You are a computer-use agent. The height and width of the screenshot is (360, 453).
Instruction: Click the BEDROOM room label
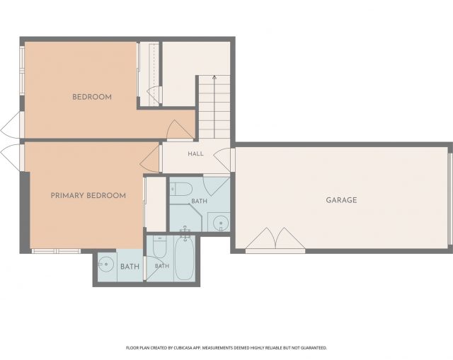[92, 97]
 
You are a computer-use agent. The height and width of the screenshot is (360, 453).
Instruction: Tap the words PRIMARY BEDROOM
[88, 196]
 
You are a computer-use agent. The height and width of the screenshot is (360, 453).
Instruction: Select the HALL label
[195, 153]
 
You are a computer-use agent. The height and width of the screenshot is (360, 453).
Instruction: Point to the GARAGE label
[341, 200]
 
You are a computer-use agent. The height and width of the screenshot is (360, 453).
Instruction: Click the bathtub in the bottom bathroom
[184, 258]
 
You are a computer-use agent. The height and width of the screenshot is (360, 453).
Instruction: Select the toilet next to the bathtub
[159, 247]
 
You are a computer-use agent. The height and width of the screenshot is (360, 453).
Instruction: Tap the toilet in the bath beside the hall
[181, 189]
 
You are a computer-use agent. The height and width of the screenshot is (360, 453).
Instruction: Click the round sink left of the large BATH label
[105, 264]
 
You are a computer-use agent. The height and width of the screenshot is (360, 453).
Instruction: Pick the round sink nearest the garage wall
[221, 223]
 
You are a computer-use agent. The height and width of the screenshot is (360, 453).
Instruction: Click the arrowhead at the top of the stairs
[214, 77]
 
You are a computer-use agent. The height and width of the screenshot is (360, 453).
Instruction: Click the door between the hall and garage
[223, 160]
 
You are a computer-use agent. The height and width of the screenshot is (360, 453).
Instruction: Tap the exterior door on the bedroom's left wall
[11, 125]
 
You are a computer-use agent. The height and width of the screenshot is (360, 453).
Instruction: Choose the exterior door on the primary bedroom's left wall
[11, 157]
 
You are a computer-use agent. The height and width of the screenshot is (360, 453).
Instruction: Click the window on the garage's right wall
[450, 199]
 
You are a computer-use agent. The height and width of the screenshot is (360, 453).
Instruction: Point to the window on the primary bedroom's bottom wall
[56, 251]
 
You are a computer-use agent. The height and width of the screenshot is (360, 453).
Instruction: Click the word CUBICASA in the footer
[181, 348]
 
